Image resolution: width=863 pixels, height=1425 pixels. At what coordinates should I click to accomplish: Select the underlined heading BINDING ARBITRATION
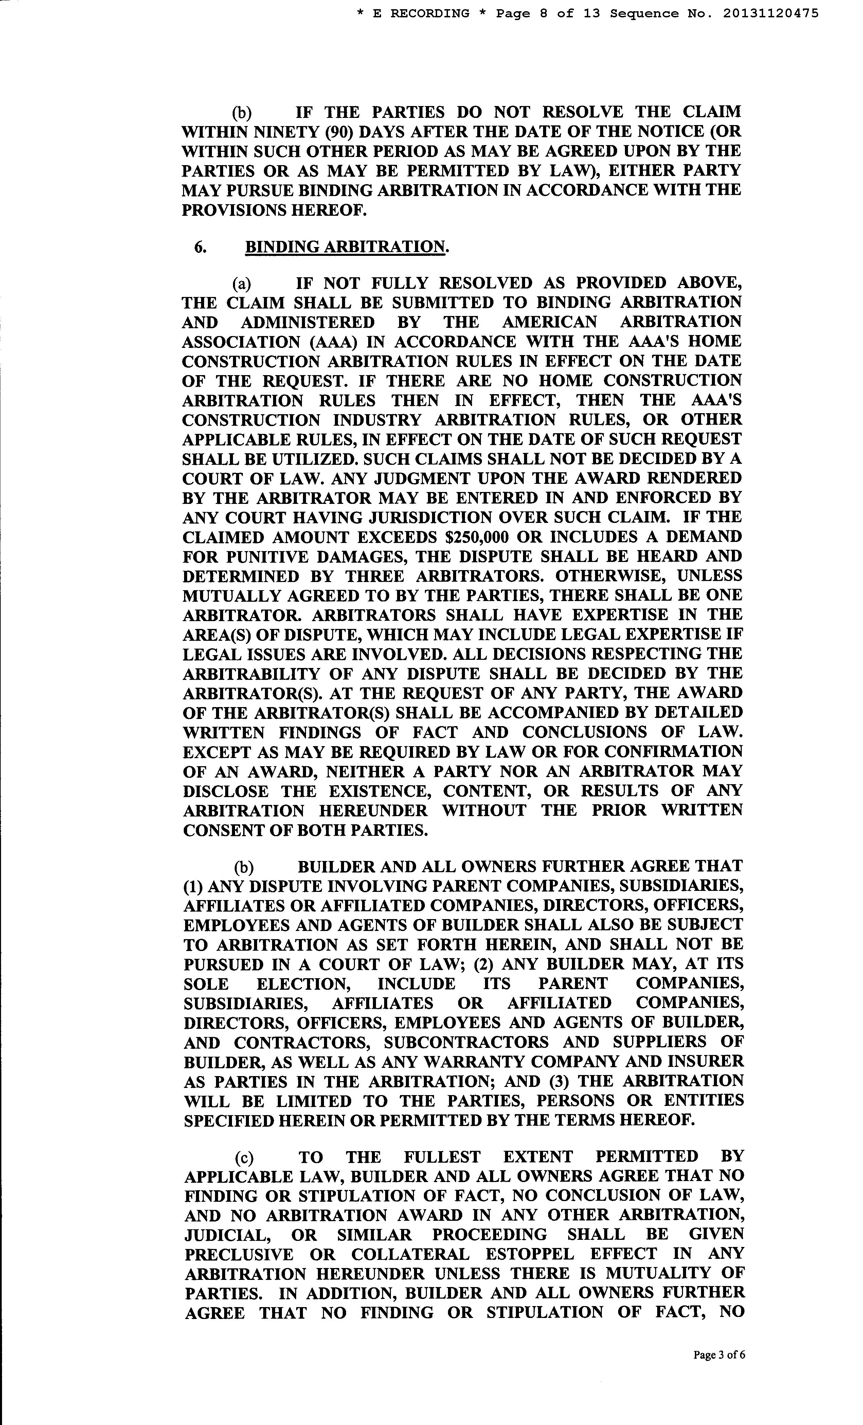tap(346, 247)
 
